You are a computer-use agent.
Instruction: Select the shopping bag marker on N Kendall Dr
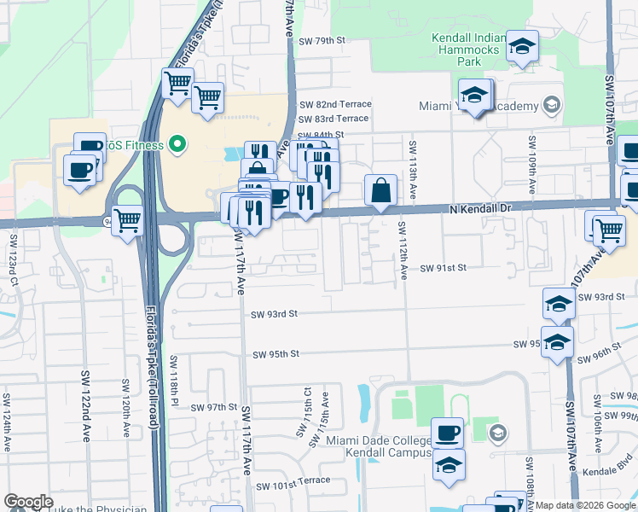coord(381,190)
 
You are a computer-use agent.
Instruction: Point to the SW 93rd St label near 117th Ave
coord(274,314)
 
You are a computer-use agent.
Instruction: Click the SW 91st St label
coord(444,268)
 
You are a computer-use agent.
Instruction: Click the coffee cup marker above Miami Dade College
coord(447,433)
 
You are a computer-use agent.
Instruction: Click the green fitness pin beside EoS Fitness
coord(178,144)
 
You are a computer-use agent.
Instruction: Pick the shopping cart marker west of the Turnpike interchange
coord(127,220)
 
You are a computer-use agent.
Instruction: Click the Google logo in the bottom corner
coord(28,502)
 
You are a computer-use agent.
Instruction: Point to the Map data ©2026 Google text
coord(585,505)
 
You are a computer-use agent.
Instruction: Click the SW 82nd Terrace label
coord(334,104)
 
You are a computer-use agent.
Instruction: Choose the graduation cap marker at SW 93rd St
coord(558,304)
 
